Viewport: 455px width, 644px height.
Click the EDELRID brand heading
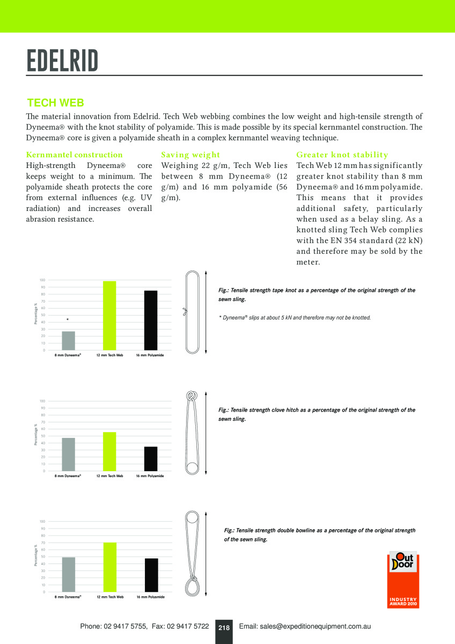pyautogui.click(x=63, y=61)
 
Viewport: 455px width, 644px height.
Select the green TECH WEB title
pyautogui.click(x=56, y=103)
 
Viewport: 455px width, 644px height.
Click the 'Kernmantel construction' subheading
pyautogui.click(x=75, y=155)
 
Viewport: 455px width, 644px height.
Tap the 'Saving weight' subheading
pyautogui.click(x=190, y=155)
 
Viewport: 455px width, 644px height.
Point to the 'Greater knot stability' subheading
pyautogui.click(x=342, y=155)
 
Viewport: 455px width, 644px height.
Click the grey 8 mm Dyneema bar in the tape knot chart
pyautogui.click(x=69, y=341)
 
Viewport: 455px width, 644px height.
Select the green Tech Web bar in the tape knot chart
pyautogui.click(x=109, y=316)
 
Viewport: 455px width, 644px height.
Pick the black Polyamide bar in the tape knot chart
pyautogui.click(x=151, y=320)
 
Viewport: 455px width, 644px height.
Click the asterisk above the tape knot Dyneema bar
pyautogui.click(x=68, y=320)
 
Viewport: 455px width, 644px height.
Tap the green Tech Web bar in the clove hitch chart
pyautogui.click(x=109, y=451)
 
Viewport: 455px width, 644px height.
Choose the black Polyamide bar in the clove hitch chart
pyautogui.click(x=151, y=459)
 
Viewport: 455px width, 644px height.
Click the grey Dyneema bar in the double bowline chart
pyautogui.click(x=69, y=574)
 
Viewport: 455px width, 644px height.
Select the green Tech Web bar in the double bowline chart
pyautogui.click(x=109, y=567)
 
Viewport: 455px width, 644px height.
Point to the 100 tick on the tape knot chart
pyautogui.click(x=42, y=280)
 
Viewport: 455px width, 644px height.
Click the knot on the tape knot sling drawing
pyautogui.click(x=185, y=311)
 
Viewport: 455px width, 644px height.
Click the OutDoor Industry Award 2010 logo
pyautogui.click(x=403, y=579)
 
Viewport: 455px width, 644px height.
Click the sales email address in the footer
pyautogui.click(x=305, y=626)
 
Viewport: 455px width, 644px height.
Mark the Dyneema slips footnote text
pyautogui.click(x=295, y=318)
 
